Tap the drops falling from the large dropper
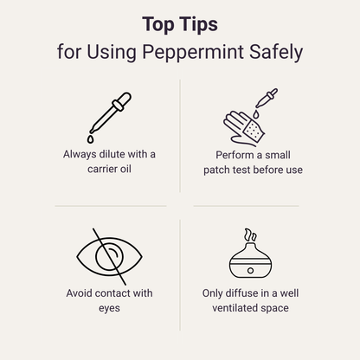pos(89,137)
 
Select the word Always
pos(80,154)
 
